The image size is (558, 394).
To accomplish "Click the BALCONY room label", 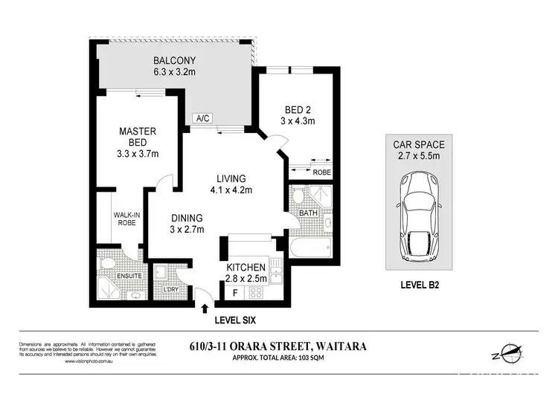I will tap(176, 60).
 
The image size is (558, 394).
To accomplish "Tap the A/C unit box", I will tap(201, 119).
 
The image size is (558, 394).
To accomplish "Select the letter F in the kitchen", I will tap(236, 293).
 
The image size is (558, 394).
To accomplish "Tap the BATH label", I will tap(308, 213).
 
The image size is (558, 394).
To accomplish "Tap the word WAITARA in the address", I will tap(341, 344).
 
